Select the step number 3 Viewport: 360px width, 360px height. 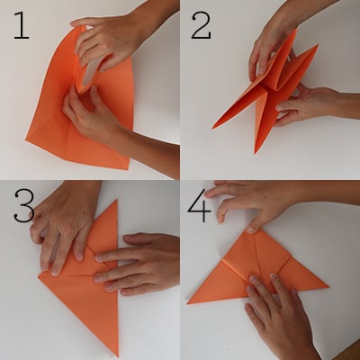click(24, 206)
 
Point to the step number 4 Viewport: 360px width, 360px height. click(199, 206)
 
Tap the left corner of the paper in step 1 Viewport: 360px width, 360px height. click(26, 139)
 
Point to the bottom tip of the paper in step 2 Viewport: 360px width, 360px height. click(256, 153)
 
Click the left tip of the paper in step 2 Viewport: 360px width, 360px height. click(212, 129)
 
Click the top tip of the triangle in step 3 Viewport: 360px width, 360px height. click(116, 201)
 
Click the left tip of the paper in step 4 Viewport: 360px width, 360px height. click(187, 303)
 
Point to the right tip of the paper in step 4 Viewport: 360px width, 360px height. click(328, 287)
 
